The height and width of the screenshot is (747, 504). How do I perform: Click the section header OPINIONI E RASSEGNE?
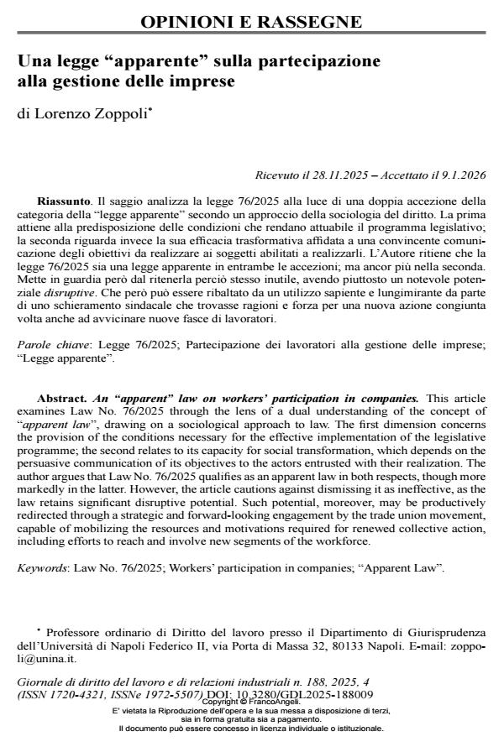[251, 22]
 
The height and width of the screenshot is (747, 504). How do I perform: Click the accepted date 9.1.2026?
[460, 175]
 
